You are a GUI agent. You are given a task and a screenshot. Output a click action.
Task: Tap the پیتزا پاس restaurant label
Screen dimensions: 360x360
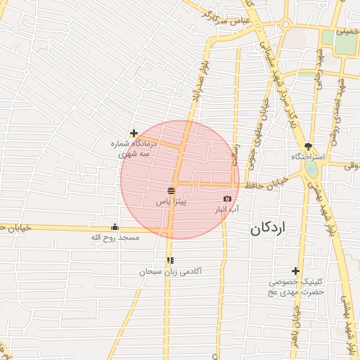click(x=171, y=202)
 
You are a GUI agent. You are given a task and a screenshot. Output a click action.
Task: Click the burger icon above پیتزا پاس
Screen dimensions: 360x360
click(x=171, y=191)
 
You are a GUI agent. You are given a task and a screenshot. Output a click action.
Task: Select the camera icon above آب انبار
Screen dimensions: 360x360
click(x=226, y=199)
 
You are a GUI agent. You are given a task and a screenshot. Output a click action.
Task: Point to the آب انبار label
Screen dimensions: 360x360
click(x=226, y=210)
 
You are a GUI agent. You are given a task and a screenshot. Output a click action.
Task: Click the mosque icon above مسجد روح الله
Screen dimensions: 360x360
click(x=115, y=227)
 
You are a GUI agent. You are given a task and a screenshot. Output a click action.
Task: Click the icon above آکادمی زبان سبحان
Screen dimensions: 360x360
click(x=170, y=260)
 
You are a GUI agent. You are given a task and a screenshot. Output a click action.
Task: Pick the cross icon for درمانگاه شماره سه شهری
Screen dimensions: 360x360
click(x=134, y=133)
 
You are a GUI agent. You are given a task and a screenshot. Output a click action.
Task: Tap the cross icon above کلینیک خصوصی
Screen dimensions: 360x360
click(x=295, y=271)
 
